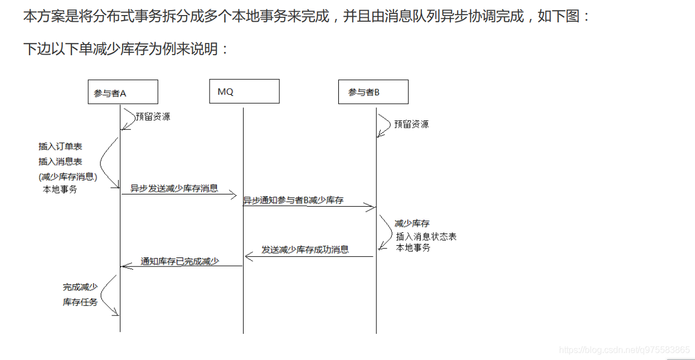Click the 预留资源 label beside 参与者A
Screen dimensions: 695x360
click(x=153, y=116)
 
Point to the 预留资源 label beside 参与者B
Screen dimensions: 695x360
click(x=411, y=124)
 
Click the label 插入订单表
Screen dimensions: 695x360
click(x=60, y=147)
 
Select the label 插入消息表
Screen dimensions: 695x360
click(x=60, y=162)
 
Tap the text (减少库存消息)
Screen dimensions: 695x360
click(x=68, y=177)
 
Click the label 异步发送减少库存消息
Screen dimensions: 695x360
click(x=174, y=188)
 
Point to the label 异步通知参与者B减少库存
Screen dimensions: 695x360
click(x=293, y=201)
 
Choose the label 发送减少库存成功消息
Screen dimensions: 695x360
click(x=305, y=250)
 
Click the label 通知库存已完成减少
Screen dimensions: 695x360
click(x=180, y=261)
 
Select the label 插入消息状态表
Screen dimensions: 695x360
click(x=426, y=237)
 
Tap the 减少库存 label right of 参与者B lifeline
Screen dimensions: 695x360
click(x=412, y=223)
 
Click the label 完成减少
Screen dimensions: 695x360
click(x=80, y=288)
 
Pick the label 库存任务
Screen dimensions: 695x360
click(x=80, y=302)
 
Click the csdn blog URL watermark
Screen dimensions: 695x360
click(x=624, y=350)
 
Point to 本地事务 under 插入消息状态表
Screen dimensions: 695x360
click(x=414, y=248)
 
